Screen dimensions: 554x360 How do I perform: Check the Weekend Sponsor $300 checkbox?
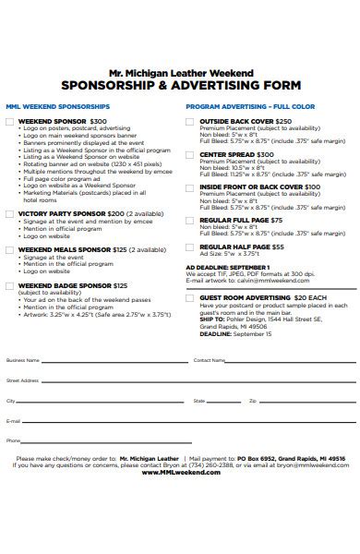pyautogui.click(x=10, y=121)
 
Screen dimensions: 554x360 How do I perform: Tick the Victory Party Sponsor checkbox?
pyautogui.click(x=10, y=213)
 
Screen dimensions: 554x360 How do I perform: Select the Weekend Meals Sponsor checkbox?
pyautogui.click(x=10, y=249)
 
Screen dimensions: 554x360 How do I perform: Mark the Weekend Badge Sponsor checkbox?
pyautogui.click(x=10, y=286)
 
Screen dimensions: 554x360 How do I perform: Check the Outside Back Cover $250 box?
pyautogui.click(x=191, y=121)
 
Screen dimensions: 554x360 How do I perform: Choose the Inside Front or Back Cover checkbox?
pyautogui.click(x=191, y=187)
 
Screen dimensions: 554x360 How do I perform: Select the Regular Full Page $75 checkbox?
pyautogui.click(x=191, y=221)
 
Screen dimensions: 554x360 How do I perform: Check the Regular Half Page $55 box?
pyautogui.click(x=191, y=247)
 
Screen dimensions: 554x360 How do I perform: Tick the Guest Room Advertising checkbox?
pyautogui.click(x=191, y=298)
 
